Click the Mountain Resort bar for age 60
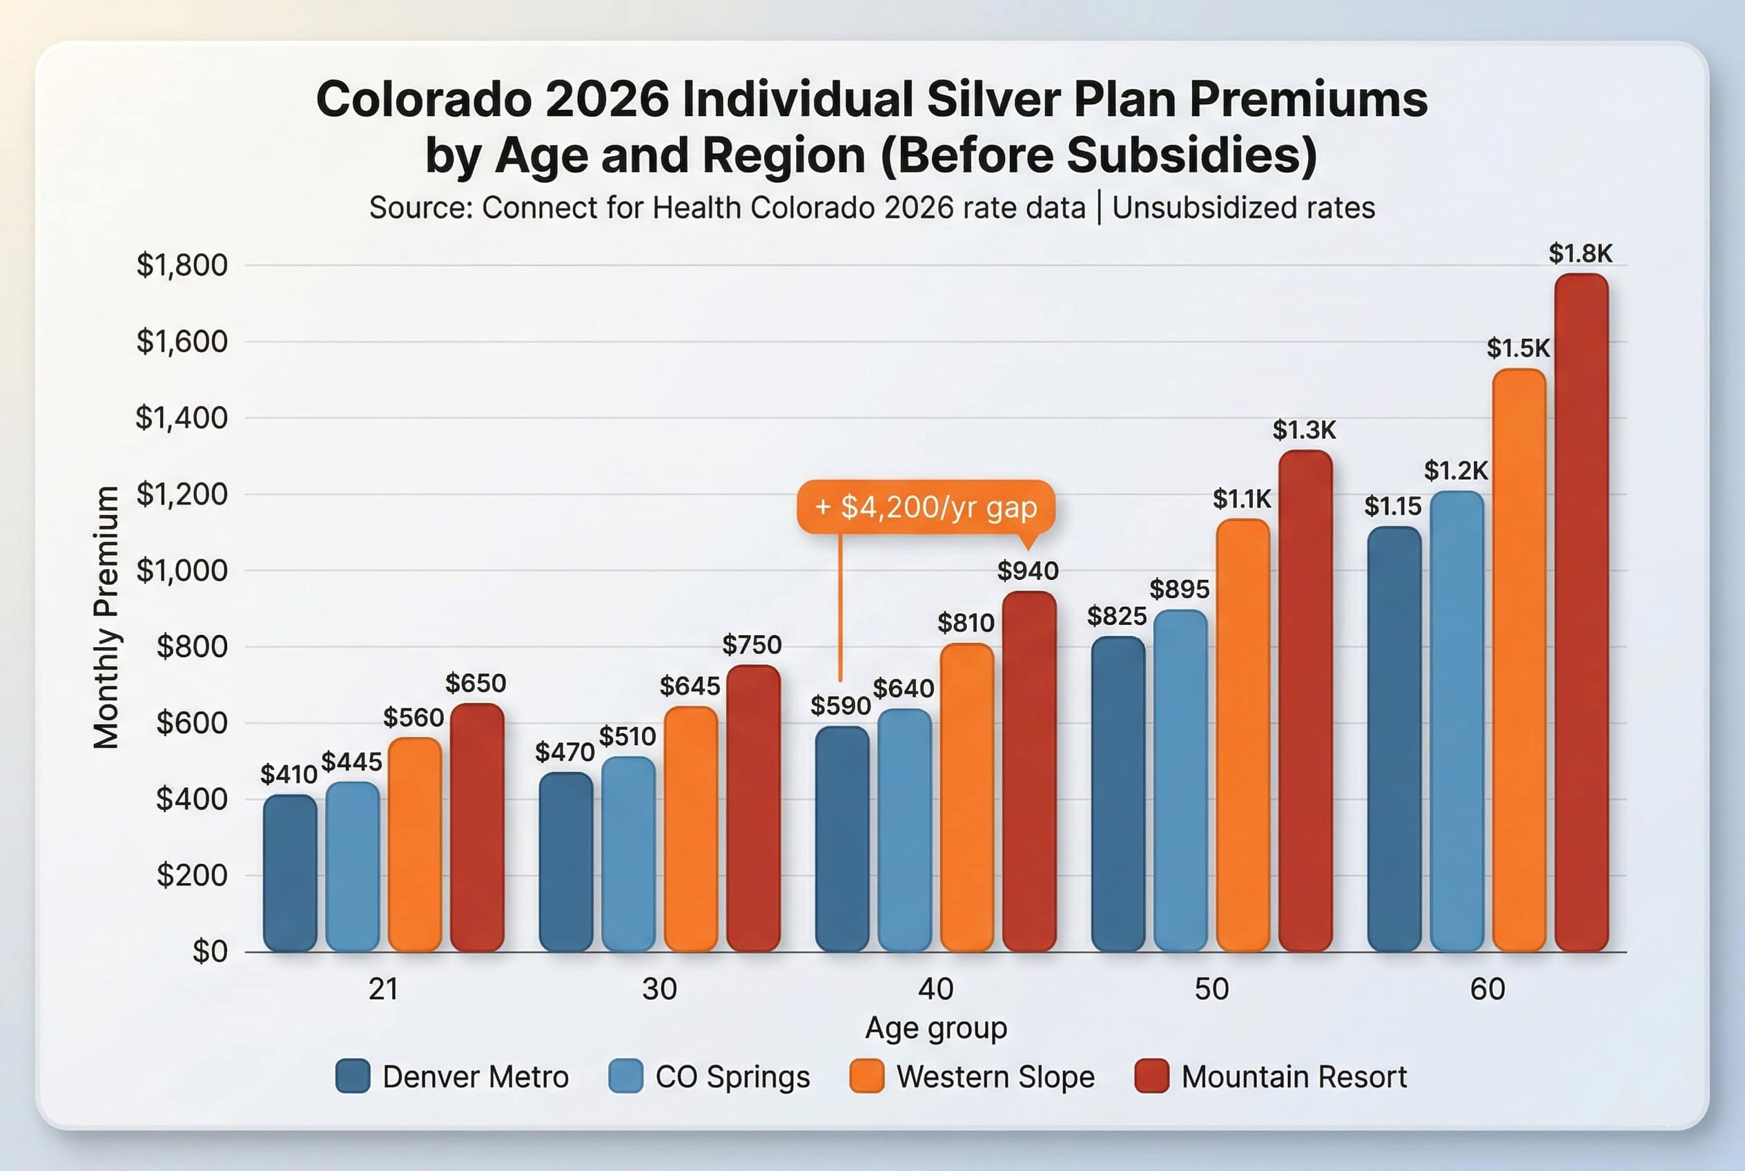coord(1581,612)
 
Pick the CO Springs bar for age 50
coord(1180,780)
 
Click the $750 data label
coord(751,644)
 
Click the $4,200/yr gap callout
coord(925,507)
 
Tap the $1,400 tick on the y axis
coord(181,418)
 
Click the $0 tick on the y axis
coord(209,951)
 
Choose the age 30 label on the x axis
coord(659,989)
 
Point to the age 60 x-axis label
coord(1487,989)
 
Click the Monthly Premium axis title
coord(106,616)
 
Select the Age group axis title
coord(935,1027)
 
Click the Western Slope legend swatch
coord(866,1076)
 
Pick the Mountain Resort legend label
coord(1294,1077)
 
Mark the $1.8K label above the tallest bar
coord(1580,254)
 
